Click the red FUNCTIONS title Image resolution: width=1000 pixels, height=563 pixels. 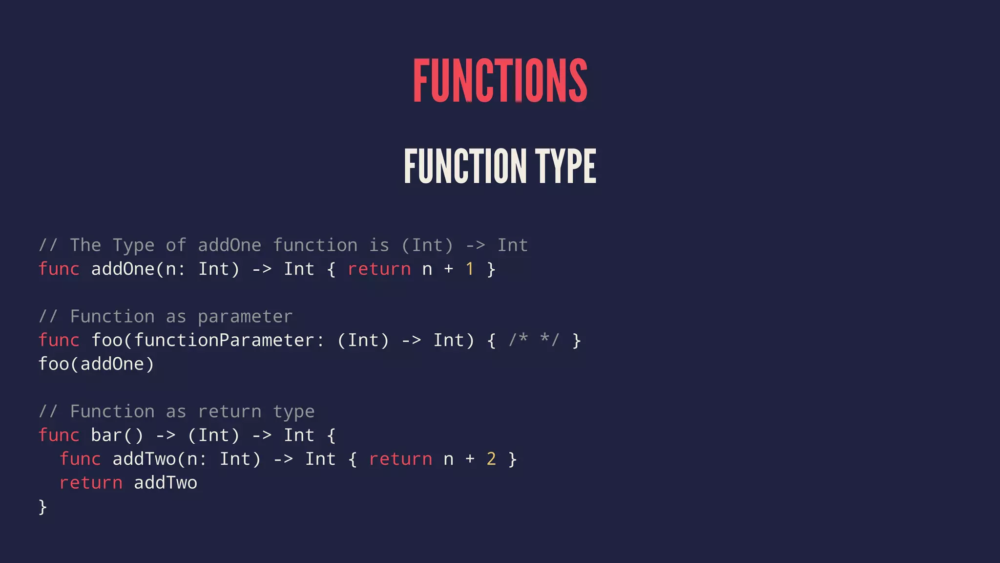tap(500, 81)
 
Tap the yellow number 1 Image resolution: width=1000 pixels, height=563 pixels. tap(470, 269)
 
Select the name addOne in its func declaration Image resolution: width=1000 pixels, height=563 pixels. tap(123, 269)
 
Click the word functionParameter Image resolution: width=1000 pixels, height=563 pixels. tap(224, 340)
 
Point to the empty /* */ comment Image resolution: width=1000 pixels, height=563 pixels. tap(534, 340)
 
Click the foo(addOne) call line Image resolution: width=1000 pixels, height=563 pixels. tap(96, 364)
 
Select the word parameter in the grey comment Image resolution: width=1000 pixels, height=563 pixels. tap(245, 317)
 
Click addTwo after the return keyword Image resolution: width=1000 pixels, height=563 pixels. tap(166, 483)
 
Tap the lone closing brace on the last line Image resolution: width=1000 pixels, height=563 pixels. tap(42, 507)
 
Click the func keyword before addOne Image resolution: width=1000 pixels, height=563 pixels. tap(59, 269)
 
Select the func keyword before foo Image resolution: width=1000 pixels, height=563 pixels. tap(59, 340)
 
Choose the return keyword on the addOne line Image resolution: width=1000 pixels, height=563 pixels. tap(379, 269)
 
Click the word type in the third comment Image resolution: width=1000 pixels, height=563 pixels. tap(293, 412)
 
